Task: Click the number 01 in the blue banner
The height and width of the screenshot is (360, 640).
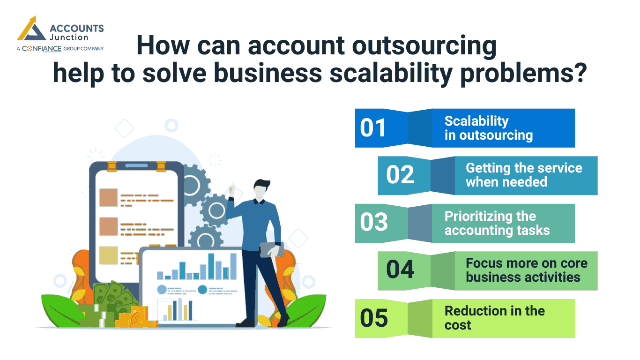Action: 373,128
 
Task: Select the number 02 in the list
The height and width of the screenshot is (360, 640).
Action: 400,175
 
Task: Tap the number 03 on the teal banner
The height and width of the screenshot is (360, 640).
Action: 374,222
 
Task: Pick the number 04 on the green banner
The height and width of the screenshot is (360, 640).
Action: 400,270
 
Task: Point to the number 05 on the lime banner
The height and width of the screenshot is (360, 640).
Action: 374,318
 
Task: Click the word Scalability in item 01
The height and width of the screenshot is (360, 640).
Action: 476,121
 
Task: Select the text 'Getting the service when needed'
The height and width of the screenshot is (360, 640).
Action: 523,175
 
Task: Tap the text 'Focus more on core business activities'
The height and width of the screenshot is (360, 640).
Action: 526,270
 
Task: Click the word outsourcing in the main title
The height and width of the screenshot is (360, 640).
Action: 413,46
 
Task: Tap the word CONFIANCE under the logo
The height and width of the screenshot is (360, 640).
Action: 42,48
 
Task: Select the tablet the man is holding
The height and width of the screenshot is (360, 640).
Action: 272,249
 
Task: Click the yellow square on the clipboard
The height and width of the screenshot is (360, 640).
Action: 108,255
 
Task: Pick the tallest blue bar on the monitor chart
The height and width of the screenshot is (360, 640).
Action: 211,266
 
